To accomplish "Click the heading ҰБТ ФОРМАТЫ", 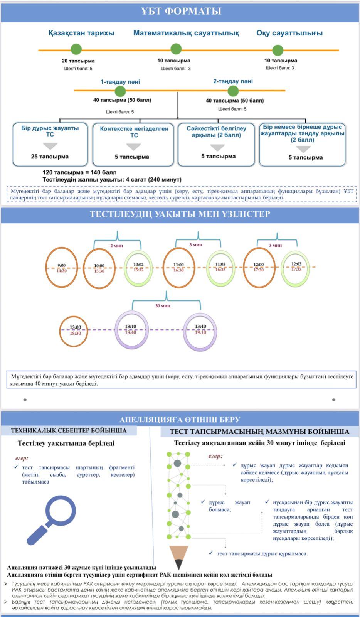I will coord(181,11).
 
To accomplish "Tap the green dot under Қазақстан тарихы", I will coord(76,49).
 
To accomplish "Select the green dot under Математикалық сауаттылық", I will coord(176,49).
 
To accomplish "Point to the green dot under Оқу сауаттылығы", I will coord(278,50).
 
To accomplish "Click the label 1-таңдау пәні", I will coord(120,82).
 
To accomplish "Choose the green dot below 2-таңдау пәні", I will coord(233,91).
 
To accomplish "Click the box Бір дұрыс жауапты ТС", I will coord(50,144).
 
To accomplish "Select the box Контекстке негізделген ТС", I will coord(134,144).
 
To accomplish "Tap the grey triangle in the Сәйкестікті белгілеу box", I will coord(217,148).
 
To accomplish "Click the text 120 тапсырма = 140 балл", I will coord(79,172).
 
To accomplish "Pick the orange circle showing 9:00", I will coord(62,268).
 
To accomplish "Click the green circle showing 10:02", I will coord(138,268).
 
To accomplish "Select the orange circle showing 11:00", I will coord(178,268).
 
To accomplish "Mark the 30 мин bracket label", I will coord(163,306).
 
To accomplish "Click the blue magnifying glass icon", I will coord(51,519).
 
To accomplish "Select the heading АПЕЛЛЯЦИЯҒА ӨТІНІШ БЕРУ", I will coord(180,420).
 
